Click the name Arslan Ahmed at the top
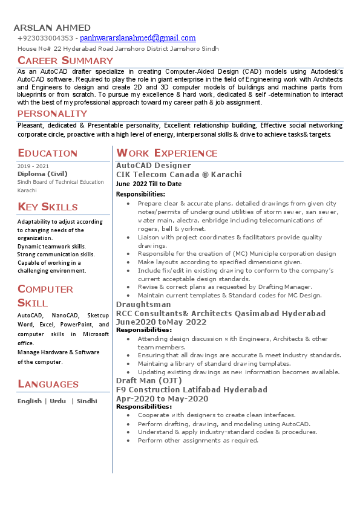click(52, 28)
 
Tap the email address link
click(138, 38)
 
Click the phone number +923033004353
click(45, 39)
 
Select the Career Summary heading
click(65, 60)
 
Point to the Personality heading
click(53, 114)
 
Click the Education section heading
click(48, 153)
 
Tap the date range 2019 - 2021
click(33, 166)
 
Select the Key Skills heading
click(48, 207)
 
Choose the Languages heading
click(48, 384)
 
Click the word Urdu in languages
click(58, 401)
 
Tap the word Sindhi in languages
click(87, 401)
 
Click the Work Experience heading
click(167, 153)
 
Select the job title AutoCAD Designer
click(154, 166)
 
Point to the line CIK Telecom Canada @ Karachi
click(179, 175)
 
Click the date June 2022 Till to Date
click(149, 184)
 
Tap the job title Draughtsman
click(143, 305)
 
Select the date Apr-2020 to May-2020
click(162, 399)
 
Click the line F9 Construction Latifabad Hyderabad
click(192, 390)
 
